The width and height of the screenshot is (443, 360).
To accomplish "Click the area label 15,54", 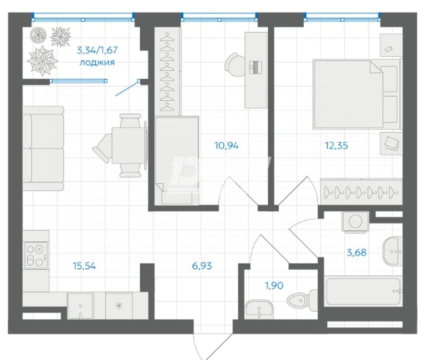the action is click(x=84, y=266).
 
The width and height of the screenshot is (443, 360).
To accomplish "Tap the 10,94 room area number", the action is click(x=226, y=146).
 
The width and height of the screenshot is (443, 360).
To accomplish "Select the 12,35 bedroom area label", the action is click(x=336, y=146).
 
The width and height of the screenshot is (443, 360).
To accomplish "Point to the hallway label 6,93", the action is click(x=202, y=266).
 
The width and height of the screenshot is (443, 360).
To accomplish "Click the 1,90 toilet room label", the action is click(x=274, y=286).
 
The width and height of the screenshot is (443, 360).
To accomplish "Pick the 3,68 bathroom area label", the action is click(x=356, y=252).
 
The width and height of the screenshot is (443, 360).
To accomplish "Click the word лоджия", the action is click(x=97, y=62).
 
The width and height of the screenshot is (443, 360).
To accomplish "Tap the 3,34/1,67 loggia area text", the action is click(x=97, y=51).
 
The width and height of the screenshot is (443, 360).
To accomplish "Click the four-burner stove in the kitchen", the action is click(x=36, y=255).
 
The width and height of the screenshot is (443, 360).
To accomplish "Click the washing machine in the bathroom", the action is click(x=356, y=222).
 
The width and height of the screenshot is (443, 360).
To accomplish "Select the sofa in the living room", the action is click(x=43, y=148).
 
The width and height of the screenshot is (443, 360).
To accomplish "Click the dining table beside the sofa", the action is click(x=129, y=145).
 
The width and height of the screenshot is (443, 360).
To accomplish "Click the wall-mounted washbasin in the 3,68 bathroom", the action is click(x=392, y=251).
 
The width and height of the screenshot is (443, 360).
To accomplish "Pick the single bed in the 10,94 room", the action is click(x=177, y=159).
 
